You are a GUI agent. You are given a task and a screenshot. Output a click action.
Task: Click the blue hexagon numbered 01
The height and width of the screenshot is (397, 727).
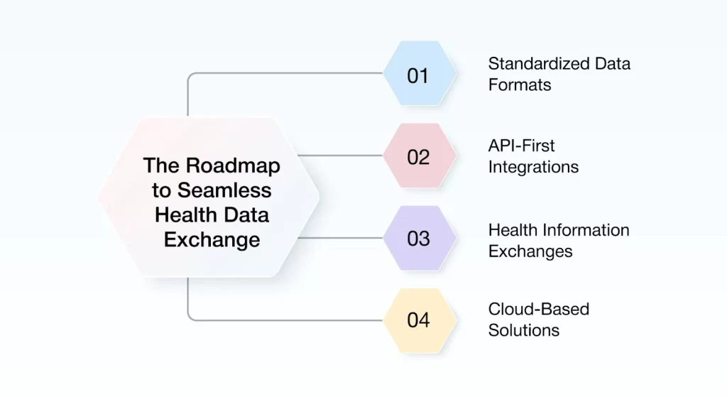(x=418, y=73)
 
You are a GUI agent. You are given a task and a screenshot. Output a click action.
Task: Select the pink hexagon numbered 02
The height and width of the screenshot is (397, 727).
(x=418, y=156)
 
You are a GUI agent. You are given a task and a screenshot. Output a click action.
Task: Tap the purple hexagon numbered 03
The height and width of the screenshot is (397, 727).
(x=418, y=238)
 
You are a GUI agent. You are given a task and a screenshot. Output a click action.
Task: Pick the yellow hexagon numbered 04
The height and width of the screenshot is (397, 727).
(x=418, y=320)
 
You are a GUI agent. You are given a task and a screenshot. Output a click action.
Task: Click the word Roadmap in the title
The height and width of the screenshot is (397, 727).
(x=233, y=165)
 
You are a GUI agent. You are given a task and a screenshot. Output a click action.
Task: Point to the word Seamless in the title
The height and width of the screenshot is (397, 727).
(x=224, y=190)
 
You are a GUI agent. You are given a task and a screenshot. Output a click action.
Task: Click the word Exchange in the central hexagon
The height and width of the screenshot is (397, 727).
(x=212, y=239)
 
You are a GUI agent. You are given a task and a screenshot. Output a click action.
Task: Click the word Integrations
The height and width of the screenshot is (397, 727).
(x=533, y=167)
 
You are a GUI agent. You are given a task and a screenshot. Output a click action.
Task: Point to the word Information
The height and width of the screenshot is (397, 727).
(x=585, y=230)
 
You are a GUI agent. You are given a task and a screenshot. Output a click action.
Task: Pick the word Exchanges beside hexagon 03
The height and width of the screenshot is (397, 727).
(x=530, y=251)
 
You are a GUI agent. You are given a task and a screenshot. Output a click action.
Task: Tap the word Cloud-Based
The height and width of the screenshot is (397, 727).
(x=539, y=310)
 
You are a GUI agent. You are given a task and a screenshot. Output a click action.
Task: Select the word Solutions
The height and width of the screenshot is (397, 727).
(x=524, y=330)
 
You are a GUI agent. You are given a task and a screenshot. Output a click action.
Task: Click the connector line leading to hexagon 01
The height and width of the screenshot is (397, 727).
(x=284, y=73)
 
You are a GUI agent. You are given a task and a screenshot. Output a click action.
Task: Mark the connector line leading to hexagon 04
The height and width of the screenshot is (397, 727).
(x=284, y=320)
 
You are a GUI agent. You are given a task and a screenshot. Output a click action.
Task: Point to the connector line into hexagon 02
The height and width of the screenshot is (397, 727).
(x=341, y=156)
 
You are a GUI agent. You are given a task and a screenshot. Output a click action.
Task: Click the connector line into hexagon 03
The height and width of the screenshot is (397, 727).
(x=341, y=238)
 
